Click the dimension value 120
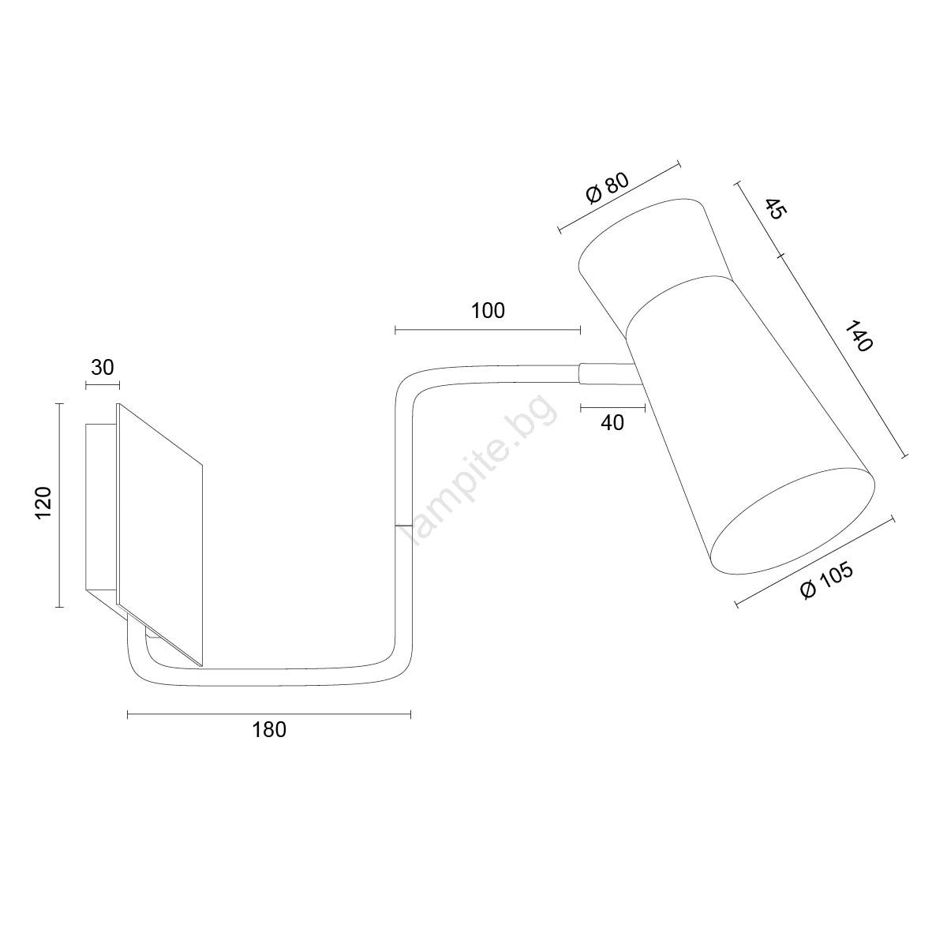(x=43, y=502)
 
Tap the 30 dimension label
(x=103, y=368)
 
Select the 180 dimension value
(x=269, y=730)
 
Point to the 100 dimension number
(x=488, y=311)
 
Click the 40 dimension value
(x=612, y=423)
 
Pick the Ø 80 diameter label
(x=608, y=189)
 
